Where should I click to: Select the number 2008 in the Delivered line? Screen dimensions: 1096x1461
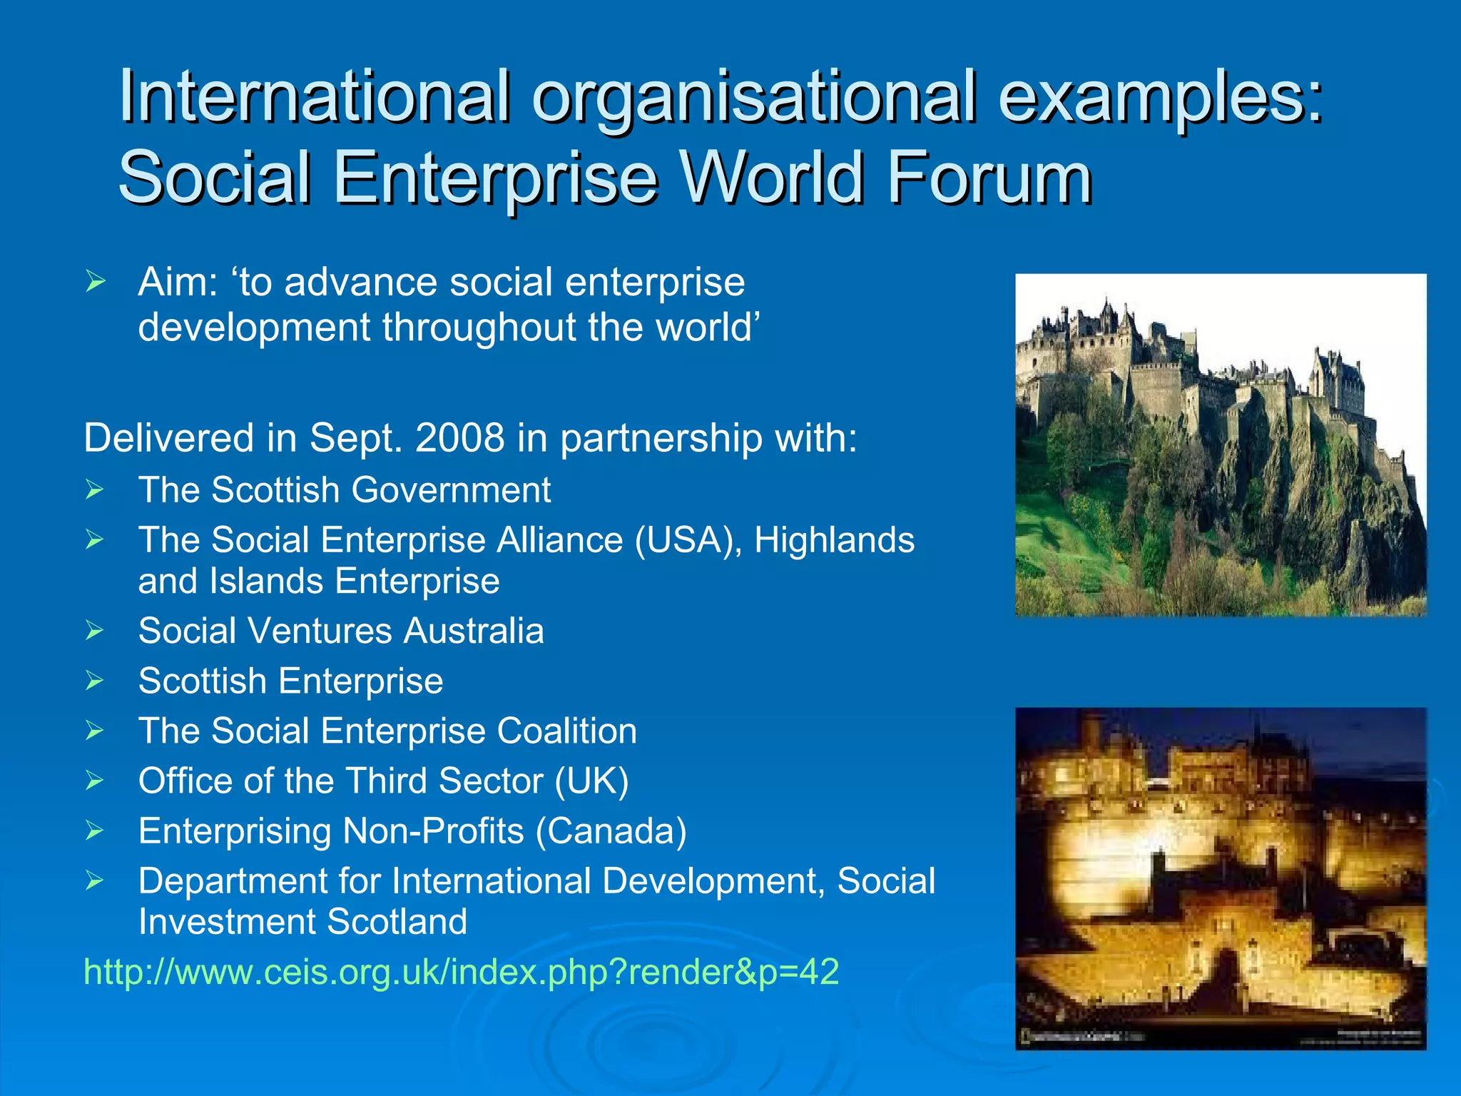click(x=459, y=437)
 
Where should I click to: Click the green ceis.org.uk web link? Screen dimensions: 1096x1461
click(x=461, y=972)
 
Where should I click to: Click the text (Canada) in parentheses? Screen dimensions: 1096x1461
click(x=611, y=831)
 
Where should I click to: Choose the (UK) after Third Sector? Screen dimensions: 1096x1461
click(x=591, y=781)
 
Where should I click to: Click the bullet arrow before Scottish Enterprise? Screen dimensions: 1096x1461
click(x=95, y=681)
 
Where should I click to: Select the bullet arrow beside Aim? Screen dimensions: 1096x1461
click(x=95, y=282)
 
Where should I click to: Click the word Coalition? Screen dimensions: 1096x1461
click(x=566, y=731)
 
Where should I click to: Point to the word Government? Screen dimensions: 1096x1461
click(x=451, y=490)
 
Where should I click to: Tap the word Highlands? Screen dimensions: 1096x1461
click(x=834, y=540)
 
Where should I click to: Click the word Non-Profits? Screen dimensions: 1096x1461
click(x=433, y=831)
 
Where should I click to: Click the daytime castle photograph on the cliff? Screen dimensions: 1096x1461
click(x=1220, y=445)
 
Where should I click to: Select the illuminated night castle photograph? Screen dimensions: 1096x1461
click(x=1220, y=878)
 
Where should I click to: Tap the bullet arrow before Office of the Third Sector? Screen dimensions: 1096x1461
click(x=95, y=781)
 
